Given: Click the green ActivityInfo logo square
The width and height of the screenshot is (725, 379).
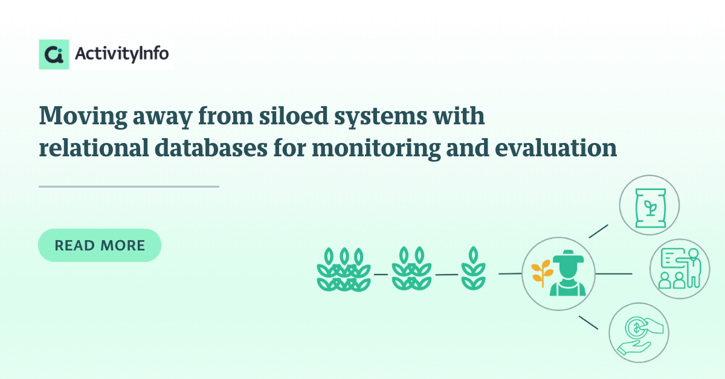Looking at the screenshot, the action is (x=54, y=54).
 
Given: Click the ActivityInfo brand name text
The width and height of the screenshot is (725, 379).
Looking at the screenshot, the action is (x=121, y=54).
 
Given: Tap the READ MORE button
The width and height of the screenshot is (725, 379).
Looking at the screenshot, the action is (x=100, y=245).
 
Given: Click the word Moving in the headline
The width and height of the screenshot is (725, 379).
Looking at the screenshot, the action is (x=83, y=116).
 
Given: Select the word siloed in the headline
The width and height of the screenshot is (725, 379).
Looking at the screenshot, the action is (x=294, y=115).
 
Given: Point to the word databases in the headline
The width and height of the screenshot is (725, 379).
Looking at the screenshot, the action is (x=211, y=148).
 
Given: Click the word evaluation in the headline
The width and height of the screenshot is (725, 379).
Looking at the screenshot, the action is (x=556, y=148).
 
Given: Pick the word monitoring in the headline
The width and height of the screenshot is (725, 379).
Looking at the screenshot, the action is (x=376, y=149).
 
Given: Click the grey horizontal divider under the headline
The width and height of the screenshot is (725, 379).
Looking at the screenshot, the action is (x=129, y=186).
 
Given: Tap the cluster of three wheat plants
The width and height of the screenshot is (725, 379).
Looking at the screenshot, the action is (x=344, y=269).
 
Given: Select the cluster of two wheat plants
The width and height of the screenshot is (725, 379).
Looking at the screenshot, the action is (x=411, y=269).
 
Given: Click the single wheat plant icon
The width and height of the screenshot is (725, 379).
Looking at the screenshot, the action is (x=473, y=268).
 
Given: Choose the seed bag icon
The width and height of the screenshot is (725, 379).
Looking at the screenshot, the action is (x=651, y=208).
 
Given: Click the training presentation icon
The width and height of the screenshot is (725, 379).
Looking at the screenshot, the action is (x=680, y=268).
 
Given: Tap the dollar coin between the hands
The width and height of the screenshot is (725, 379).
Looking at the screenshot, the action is (x=636, y=328).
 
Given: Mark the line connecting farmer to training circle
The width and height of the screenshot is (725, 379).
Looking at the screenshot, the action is (x=614, y=274).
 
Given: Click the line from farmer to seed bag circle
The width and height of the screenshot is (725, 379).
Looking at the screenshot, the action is (x=599, y=231).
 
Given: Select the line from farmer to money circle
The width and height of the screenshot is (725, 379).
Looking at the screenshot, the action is (x=588, y=323).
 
